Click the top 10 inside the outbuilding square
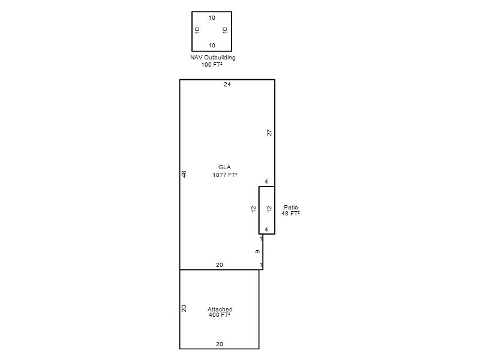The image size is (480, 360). tap(212, 18)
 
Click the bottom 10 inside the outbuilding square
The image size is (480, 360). tap(212, 46)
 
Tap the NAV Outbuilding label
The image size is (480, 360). tap(213, 57)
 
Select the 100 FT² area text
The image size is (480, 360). tap(212, 65)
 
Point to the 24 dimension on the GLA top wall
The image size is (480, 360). tap(227, 85)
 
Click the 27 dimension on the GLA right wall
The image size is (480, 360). tap(269, 133)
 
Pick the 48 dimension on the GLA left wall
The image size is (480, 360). tap(184, 174)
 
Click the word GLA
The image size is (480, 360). tap(224, 167)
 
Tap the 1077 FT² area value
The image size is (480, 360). tap(225, 175)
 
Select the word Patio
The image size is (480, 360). tap(291, 207)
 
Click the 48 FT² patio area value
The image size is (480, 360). tap(290, 214)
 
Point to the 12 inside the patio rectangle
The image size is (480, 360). tap(269, 209)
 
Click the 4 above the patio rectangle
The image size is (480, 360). tap(266, 182)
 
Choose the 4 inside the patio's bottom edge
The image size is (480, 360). tap(266, 229)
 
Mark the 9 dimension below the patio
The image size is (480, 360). tap(258, 251)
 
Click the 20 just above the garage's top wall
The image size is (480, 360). tap(220, 265)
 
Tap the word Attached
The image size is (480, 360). tap(220, 309)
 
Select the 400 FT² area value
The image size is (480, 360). tap(220, 314)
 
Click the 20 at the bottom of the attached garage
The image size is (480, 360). tap(220, 344)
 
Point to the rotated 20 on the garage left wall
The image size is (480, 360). tap(184, 308)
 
